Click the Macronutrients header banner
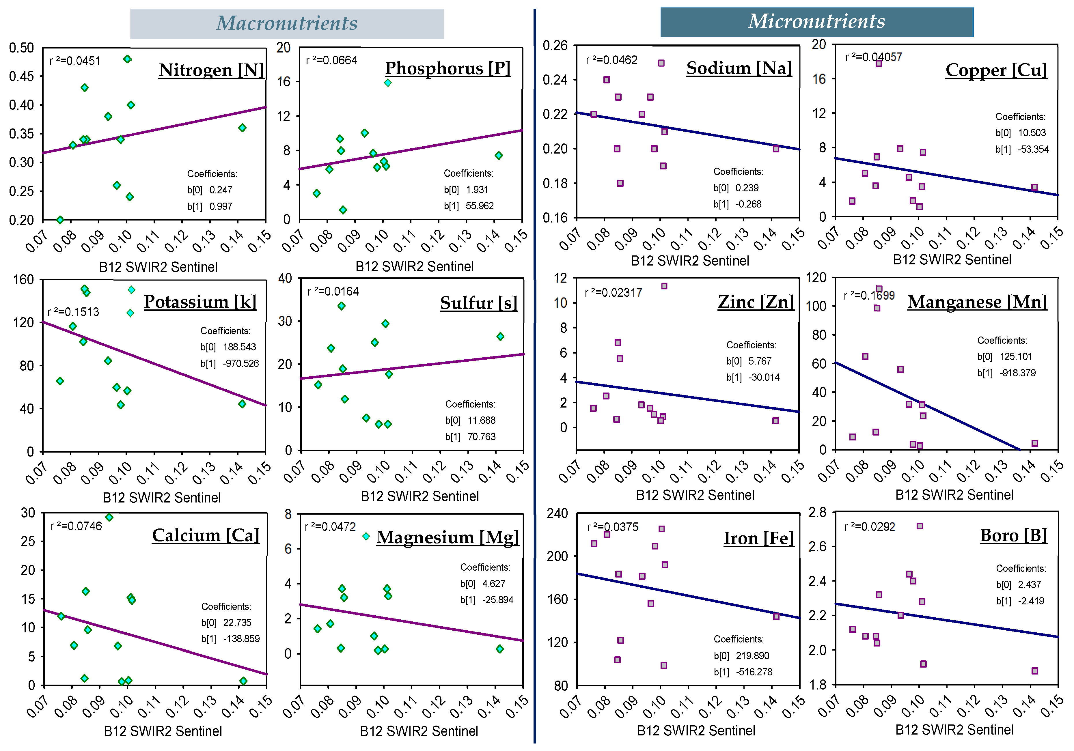(286, 23)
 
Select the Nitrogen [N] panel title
(211, 70)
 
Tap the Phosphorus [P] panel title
(448, 68)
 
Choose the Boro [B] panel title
(1013, 535)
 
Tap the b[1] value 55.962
(480, 206)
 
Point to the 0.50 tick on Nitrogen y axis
(22, 48)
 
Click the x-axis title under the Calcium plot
(163, 731)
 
